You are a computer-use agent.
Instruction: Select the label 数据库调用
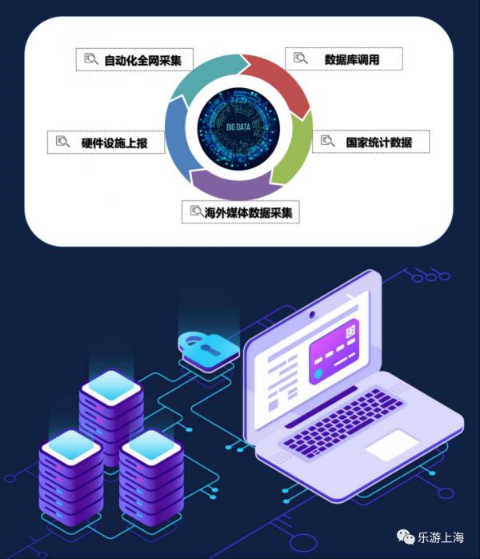[x=351, y=59]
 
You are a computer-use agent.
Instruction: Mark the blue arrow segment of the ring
[x=178, y=136]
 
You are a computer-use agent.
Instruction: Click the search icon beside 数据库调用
[x=300, y=58]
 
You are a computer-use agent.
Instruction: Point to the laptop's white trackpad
[x=393, y=445]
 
